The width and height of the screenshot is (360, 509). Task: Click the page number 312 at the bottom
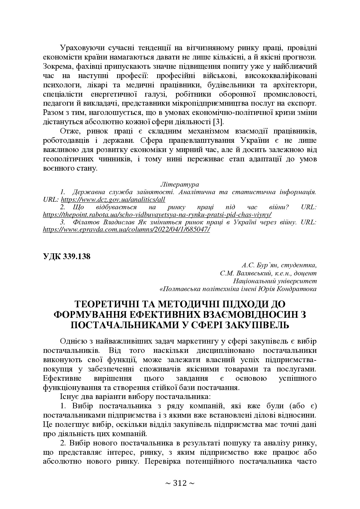tap(180, 483)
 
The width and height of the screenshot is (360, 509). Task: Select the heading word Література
tap(180, 184)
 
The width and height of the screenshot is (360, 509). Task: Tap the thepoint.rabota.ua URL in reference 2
tap(157, 214)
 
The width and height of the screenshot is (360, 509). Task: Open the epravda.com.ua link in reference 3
tap(126, 229)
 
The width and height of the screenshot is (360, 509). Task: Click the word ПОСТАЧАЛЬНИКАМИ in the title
tap(125, 324)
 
